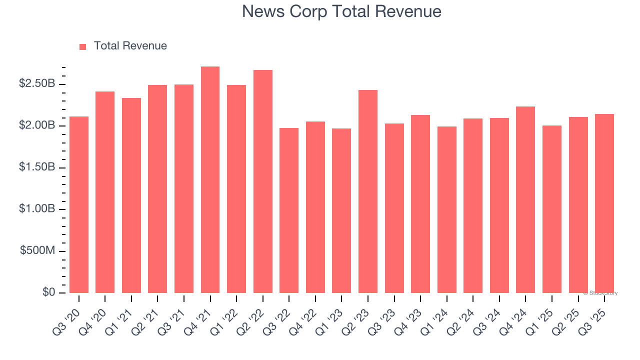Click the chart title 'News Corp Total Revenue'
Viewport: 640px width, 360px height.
[341, 11]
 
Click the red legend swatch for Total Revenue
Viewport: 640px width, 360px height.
[83, 46]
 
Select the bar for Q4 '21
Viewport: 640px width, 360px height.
[210, 179]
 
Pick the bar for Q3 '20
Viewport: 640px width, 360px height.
[79, 204]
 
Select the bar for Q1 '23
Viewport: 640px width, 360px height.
[341, 210]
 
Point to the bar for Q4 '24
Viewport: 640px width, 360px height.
[525, 199]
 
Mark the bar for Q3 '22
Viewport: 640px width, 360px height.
[289, 210]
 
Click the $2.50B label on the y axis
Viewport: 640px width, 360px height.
[37, 83]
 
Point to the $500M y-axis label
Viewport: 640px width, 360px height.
[37, 250]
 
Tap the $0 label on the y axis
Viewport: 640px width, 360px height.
[48, 292]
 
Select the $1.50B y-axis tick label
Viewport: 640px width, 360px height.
[37, 167]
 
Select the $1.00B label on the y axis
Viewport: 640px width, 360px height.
[37, 208]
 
